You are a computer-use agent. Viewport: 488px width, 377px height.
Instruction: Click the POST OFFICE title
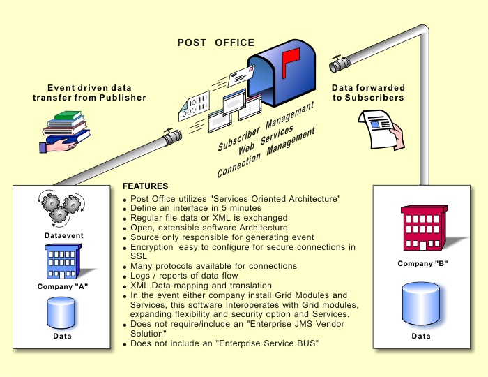coord(215,43)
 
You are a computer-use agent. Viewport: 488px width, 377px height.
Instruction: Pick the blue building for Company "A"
coord(61,260)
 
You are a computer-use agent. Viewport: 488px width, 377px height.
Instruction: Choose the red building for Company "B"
coord(421,227)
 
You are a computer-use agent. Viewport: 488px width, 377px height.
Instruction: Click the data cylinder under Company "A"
coord(61,313)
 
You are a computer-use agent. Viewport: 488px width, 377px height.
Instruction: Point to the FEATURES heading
coord(145,187)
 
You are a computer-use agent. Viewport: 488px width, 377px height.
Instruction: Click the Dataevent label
coord(61,236)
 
